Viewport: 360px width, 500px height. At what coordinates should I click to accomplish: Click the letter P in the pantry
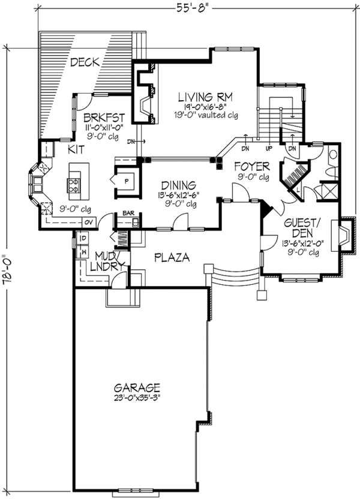point(127,179)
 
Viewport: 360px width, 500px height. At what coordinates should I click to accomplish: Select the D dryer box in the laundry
point(82,239)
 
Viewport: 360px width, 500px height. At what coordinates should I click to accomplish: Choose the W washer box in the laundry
point(82,252)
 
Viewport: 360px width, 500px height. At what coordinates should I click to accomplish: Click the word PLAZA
point(172,257)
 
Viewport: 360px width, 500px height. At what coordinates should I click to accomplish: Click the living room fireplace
point(145,101)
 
